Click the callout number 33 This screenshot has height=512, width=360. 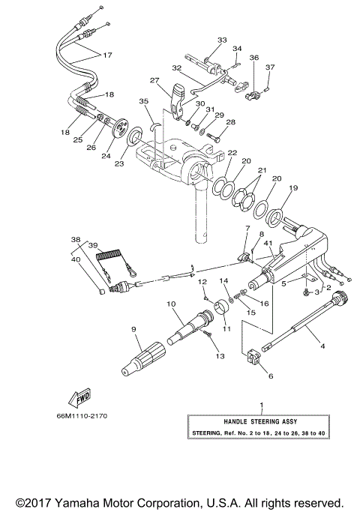coord(221,39)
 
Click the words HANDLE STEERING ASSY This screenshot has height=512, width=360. coord(261,421)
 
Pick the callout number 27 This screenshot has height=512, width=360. coord(154,80)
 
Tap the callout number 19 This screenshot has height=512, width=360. coord(293,188)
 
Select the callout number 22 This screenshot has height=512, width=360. coord(232,152)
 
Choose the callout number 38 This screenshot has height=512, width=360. coord(74,240)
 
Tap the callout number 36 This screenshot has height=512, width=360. coord(254,57)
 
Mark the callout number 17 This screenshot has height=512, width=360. coord(107,55)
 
